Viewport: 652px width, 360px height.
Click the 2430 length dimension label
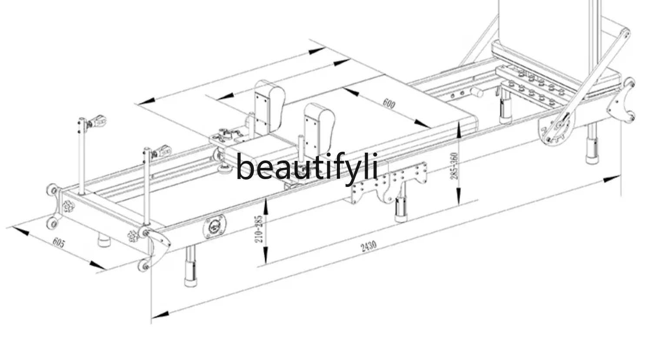368,247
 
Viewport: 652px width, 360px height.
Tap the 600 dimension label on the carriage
389,104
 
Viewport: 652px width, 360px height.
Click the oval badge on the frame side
215,227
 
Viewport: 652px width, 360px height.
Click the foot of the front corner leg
190,280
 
